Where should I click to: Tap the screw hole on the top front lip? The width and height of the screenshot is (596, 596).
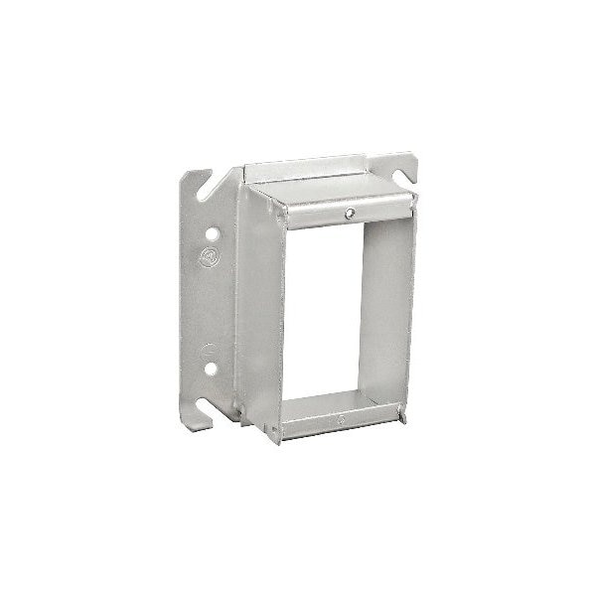pos(351,213)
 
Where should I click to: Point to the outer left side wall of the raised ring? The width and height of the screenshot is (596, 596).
pos(253,298)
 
